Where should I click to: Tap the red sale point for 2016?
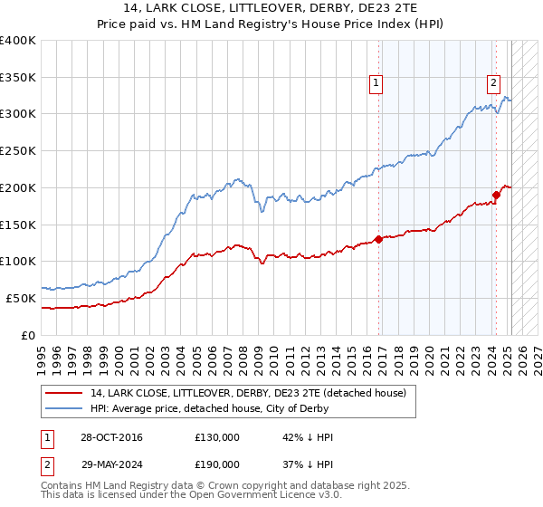(378, 239)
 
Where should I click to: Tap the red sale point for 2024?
(496, 195)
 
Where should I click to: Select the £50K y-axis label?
(21, 298)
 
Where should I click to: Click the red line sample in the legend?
(64, 393)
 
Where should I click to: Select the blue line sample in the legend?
(64, 408)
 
